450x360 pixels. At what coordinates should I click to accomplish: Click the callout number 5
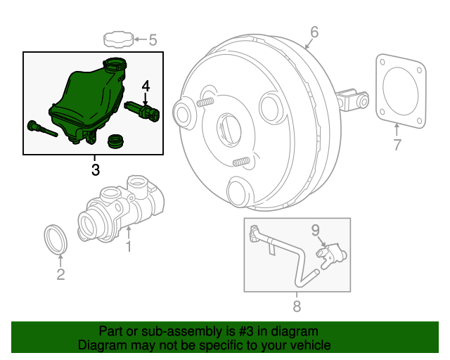coord(153,39)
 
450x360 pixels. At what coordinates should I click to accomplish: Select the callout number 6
coord(314,32)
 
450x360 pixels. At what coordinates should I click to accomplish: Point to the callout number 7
coord(397,146)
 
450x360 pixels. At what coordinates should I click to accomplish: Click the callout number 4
coord(146,86)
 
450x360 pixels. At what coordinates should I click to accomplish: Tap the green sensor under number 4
coord(143,111)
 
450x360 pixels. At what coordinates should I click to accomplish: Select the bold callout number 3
coord(95,169)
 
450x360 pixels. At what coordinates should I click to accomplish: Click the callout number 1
coord(129,246)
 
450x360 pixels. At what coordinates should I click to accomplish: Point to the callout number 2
coord(60,274)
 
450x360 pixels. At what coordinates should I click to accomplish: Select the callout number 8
coord(296,306)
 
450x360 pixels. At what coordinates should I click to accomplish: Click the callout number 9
coord(315,229)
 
